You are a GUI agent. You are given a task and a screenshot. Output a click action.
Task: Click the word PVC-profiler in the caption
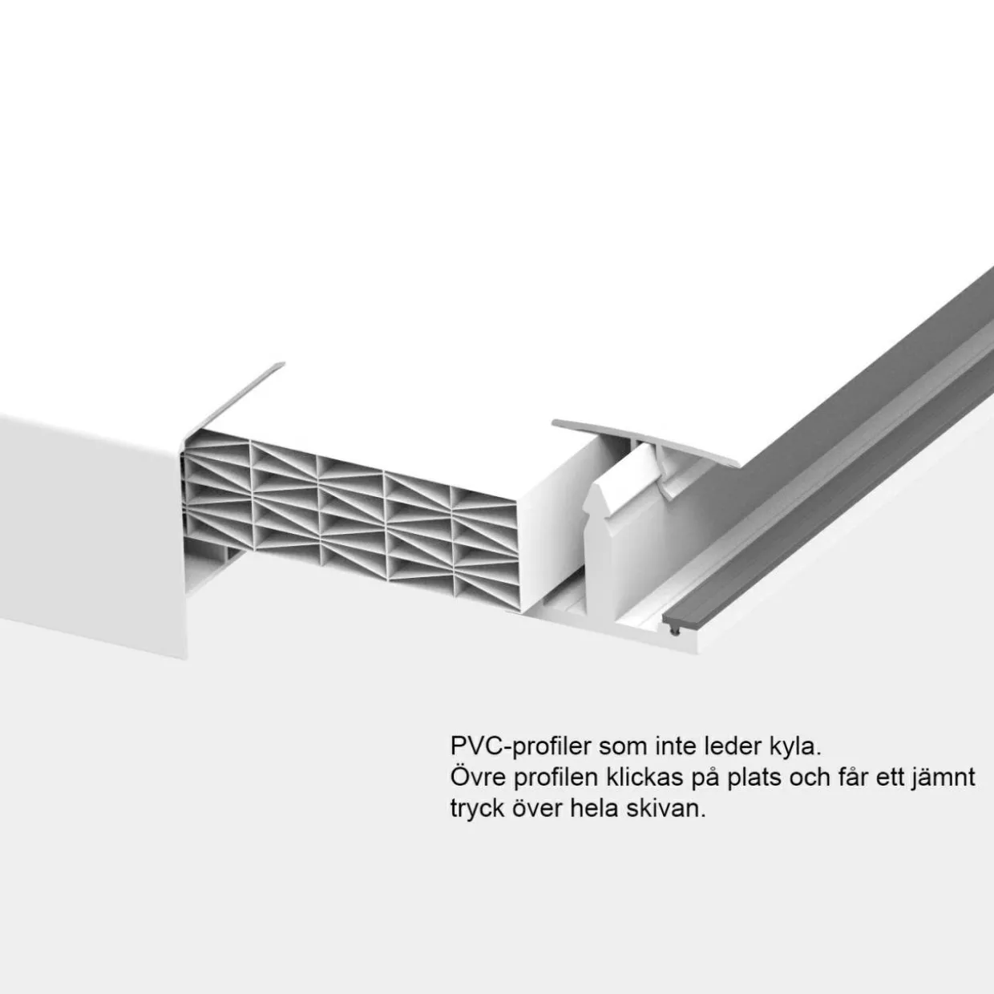(x=521, y=747)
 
